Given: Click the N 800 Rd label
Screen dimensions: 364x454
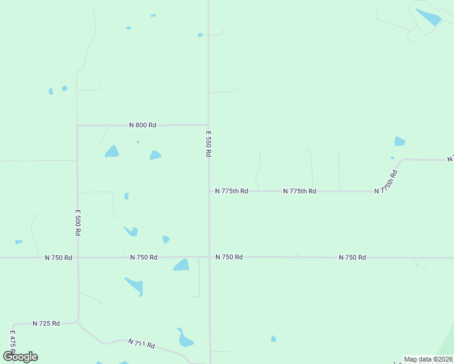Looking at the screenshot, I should (x=143, y=125).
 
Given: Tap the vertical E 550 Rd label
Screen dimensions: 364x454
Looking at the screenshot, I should (x=208, y=144).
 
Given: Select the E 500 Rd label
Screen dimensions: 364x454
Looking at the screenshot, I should (x=78, y=223).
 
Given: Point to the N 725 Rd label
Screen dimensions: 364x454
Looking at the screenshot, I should (x=46, y=323).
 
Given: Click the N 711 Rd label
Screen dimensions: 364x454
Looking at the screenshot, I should (x=141, y=344).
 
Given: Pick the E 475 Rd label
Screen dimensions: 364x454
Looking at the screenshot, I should (x=12, y=343).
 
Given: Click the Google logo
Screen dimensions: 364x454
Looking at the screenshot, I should (x=21, y=357).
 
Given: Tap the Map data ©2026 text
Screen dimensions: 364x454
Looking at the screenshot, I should (x=428, y=359).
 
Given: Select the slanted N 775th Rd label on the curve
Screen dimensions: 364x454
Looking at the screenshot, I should (x=386, y=182).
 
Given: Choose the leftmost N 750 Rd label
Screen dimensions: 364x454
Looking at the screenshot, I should (x=59, y=258).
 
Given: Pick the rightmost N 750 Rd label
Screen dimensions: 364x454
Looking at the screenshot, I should (x=352, y=258).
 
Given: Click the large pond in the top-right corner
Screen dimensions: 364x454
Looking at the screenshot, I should (x=429, y=17).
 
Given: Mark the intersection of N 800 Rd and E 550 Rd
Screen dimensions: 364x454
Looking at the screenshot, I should (x=209, y=124).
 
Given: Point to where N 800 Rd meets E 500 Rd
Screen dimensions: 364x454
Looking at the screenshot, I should (x=77, y=126).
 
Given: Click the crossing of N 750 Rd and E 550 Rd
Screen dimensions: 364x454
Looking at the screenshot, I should (x=209, y=257).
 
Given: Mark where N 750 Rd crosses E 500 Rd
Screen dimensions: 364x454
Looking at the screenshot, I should (x=78, y=257).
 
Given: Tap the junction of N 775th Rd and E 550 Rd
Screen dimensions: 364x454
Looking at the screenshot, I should (x=209, y=191).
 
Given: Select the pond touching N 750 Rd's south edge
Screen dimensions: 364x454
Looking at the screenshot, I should (x=181, y=265).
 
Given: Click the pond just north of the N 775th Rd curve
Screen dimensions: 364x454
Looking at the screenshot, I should (x=399, y=141).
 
